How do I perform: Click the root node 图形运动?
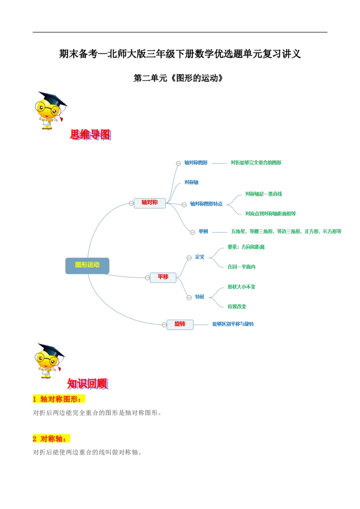pos(88,265)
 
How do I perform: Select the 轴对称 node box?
pos(149,203)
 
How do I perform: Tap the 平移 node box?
pos(162,277)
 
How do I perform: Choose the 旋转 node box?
pos(180,324)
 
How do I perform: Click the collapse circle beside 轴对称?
pos(131,203)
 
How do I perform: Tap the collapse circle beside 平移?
pos(147,278)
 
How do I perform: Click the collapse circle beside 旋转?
pos(164,324)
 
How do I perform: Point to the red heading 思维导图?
pos(90,134)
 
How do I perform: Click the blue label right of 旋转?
pos(234,324)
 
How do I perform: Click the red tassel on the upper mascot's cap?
pos(62,118)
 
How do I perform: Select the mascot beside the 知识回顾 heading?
pos(48,360)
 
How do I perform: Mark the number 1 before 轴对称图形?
pos(35,399)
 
